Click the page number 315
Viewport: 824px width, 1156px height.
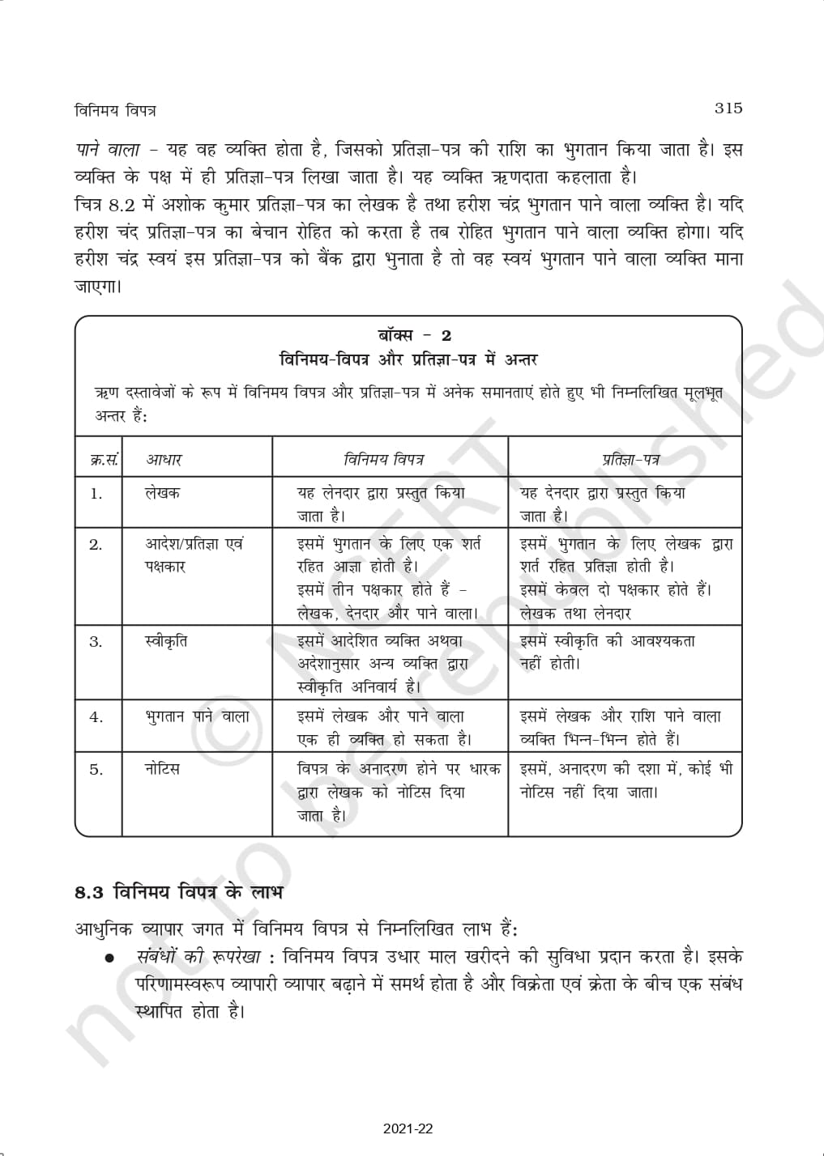click(728, 108)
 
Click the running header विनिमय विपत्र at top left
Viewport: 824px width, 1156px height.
click(114, 111)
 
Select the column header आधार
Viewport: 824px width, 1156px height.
click(164, 460)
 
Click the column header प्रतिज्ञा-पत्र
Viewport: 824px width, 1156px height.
click(630, 460)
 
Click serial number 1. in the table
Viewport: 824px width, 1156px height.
click(96, 494)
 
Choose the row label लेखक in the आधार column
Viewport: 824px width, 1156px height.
click(163, 493)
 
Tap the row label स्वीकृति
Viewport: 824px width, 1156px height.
click(166, 641)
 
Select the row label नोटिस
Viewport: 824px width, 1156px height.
click(162, 768)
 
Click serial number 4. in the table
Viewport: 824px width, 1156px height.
click(96, 717)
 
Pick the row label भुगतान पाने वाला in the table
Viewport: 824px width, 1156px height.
click(197, 716)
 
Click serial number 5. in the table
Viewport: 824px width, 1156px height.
click(96, 770)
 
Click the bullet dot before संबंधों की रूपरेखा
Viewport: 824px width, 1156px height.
click(109, 959)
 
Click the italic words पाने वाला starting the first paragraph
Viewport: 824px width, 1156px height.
click(107, 151)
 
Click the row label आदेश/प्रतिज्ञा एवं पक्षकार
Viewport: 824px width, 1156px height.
click(194, 555)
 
